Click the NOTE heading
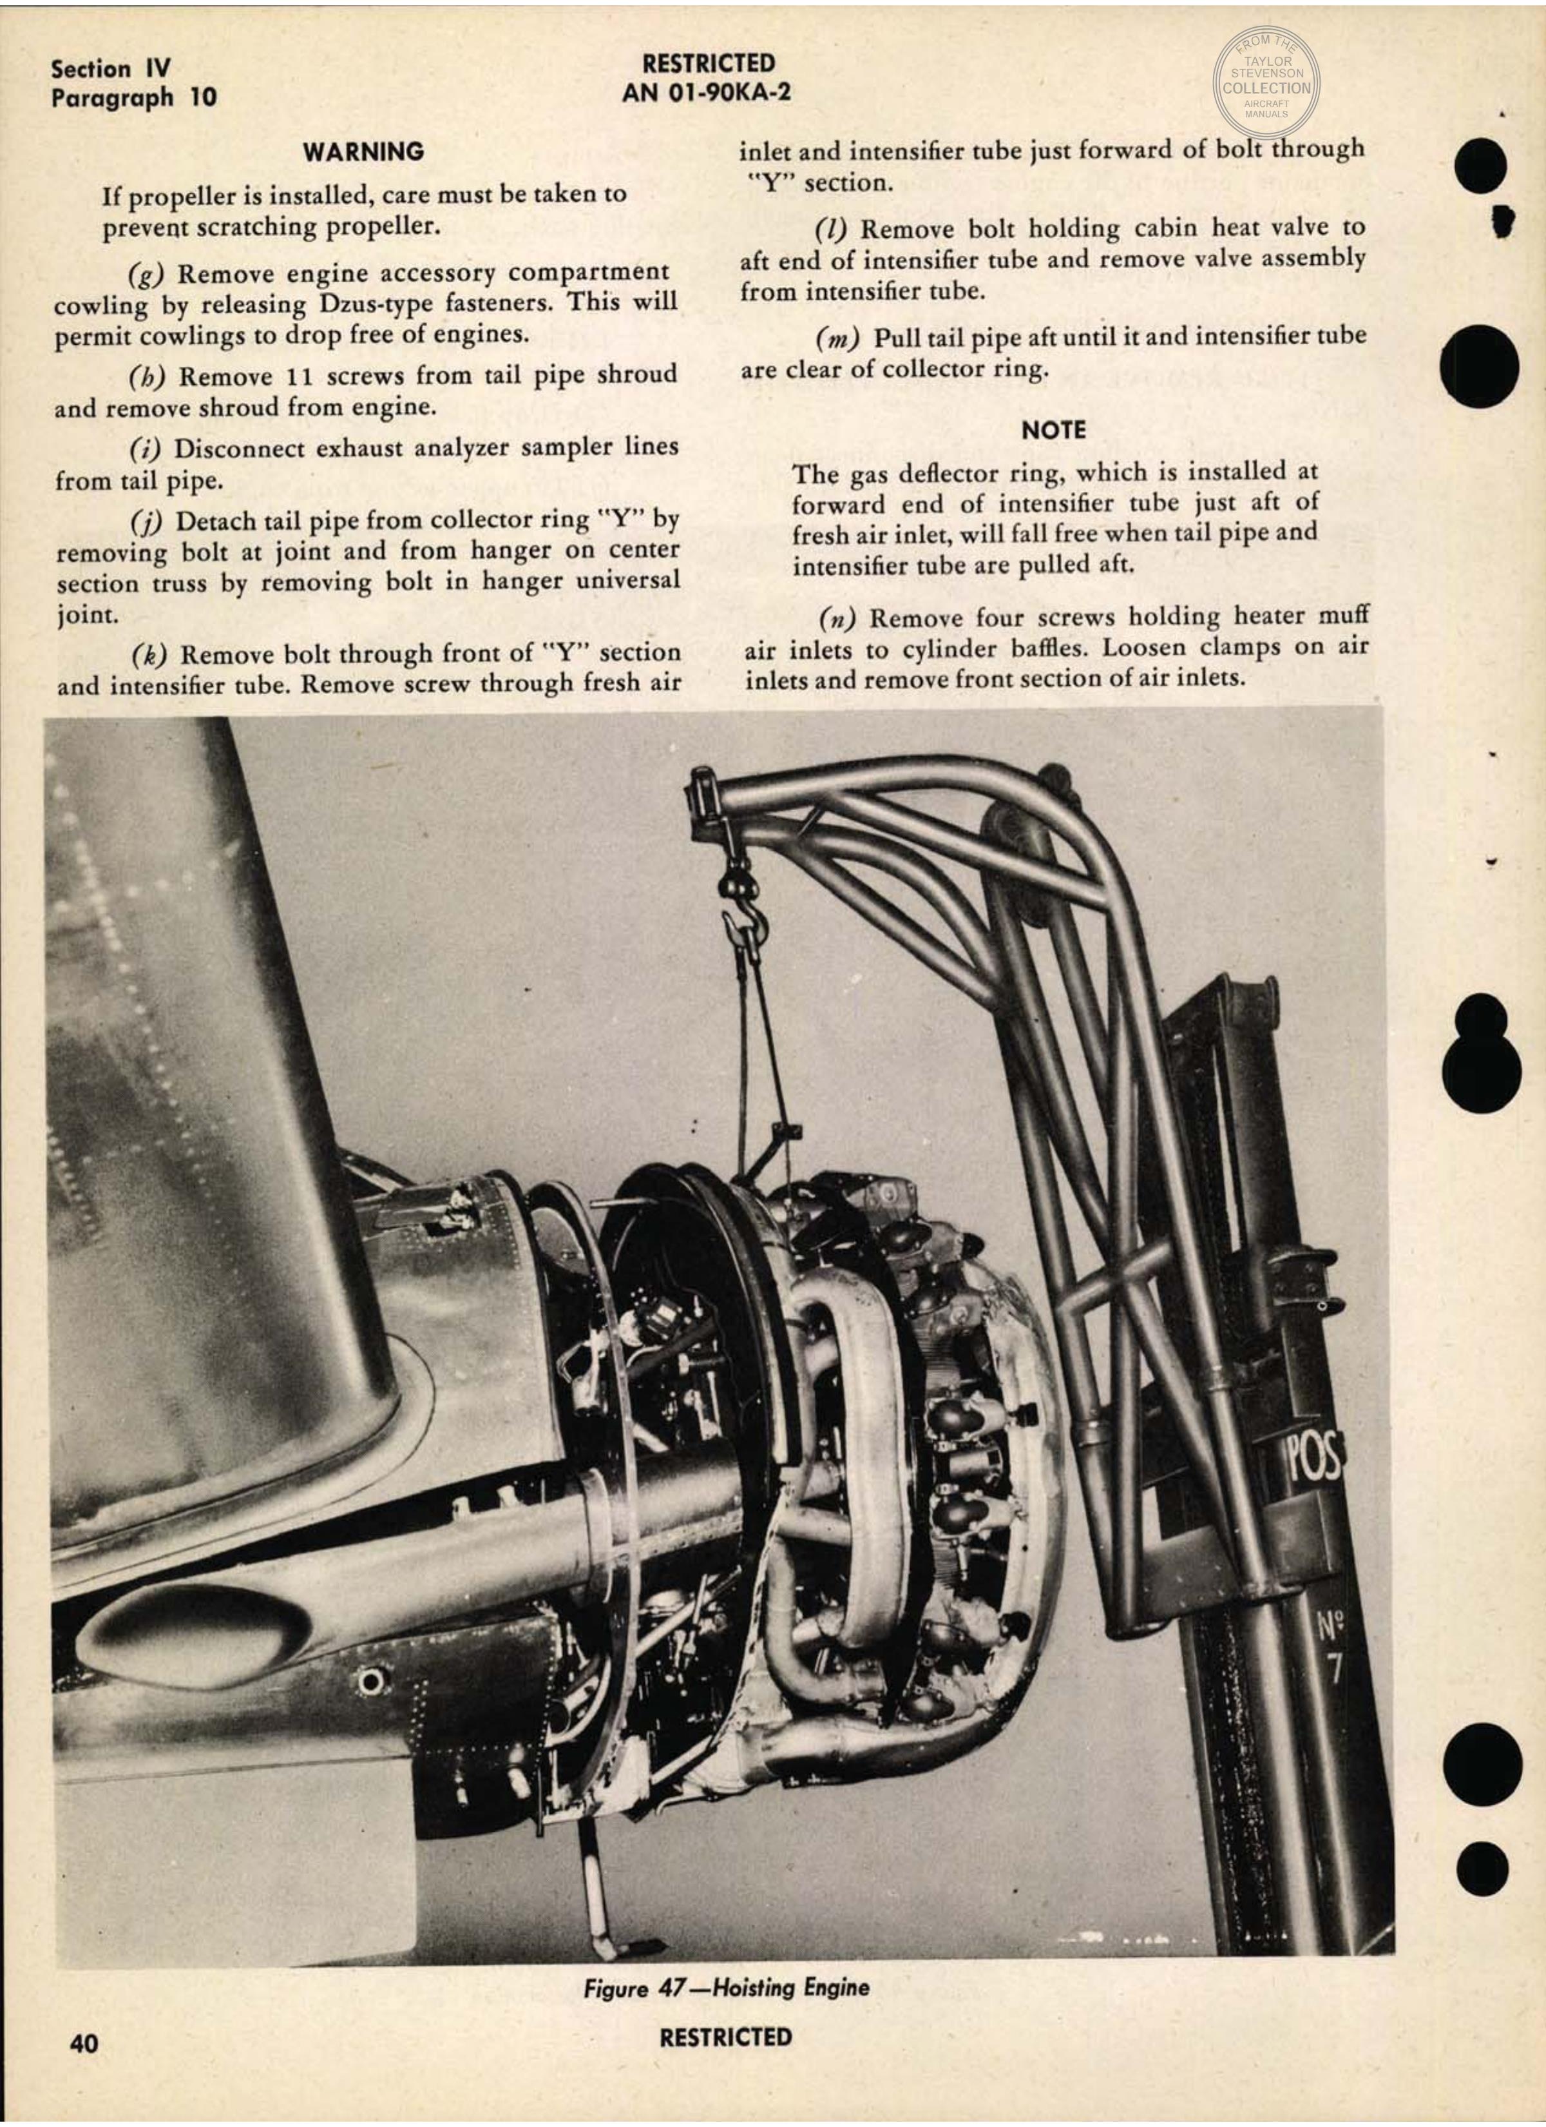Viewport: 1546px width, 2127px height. tap(1054, 431)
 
